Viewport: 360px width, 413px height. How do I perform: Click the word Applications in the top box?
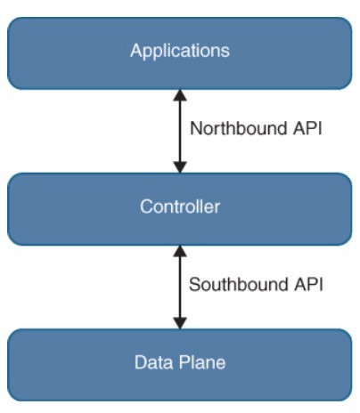point(180,51)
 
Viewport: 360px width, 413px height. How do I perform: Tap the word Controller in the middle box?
point(180,206)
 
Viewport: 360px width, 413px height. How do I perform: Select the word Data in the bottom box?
point(153,362)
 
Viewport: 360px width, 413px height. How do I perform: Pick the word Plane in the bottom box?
point(202,362)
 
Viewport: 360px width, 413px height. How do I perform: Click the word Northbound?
point(239,128)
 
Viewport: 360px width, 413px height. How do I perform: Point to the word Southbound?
point(239,284)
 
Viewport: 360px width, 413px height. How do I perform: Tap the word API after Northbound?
point(307,128)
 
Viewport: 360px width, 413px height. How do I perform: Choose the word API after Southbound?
point(308,284)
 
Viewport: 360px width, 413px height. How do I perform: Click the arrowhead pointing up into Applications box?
point(180,95)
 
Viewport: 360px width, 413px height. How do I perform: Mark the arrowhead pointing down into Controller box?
point(180,167)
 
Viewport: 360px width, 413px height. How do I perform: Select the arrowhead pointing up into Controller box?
point(180,251)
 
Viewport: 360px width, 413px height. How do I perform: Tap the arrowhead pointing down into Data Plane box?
point(180,323)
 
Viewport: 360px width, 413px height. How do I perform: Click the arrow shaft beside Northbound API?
point(180,131)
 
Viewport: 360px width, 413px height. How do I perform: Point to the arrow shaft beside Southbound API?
point(180,287)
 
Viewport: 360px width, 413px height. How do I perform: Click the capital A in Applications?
point(135,50)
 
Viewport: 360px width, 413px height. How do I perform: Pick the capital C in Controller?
point(146,206)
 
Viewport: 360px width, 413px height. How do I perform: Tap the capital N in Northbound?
point(196,128)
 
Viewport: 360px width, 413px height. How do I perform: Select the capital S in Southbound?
point(194,284)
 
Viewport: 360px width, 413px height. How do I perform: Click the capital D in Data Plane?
point(141,362)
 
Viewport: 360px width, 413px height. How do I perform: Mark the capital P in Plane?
point(185,362)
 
